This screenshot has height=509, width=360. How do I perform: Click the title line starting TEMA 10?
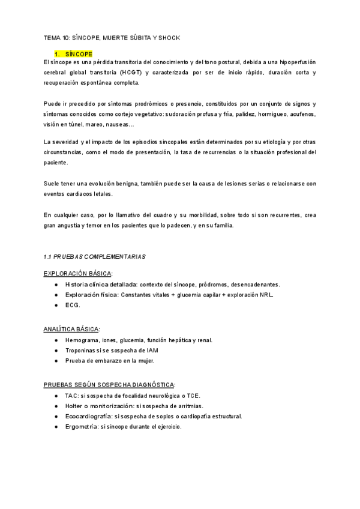[x=112, y=38]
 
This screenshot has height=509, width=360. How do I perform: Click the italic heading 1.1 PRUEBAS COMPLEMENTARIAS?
[x=95, y=256]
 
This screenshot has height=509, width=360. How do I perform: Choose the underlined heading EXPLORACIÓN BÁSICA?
[x=77, y=273]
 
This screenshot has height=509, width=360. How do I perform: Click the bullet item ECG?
[x=73, y=305]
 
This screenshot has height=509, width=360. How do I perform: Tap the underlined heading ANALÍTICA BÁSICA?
[x=71, y=329]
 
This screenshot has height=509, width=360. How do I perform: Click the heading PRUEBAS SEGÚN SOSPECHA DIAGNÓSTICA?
[x=109, y=384]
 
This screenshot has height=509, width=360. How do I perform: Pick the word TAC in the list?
[x=72, y=396]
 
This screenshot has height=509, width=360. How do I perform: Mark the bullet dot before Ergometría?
[x=56, y=427]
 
